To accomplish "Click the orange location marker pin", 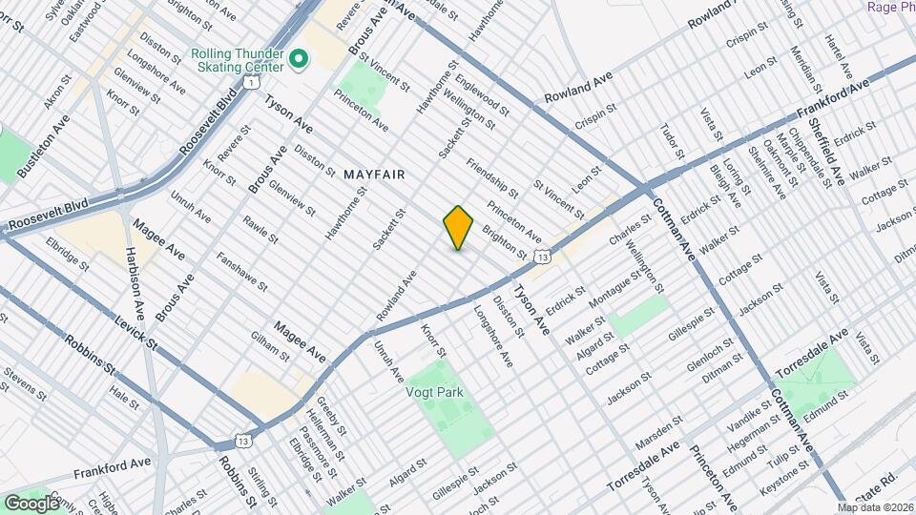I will coord(459,228).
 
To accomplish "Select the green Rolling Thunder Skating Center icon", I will coord(299,60).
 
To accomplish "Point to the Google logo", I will coord(31,503).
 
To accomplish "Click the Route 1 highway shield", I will coord(250,84).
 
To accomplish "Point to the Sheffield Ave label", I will coord(825,149).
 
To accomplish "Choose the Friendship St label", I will coord(492,178).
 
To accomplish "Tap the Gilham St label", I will coord(270,347).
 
